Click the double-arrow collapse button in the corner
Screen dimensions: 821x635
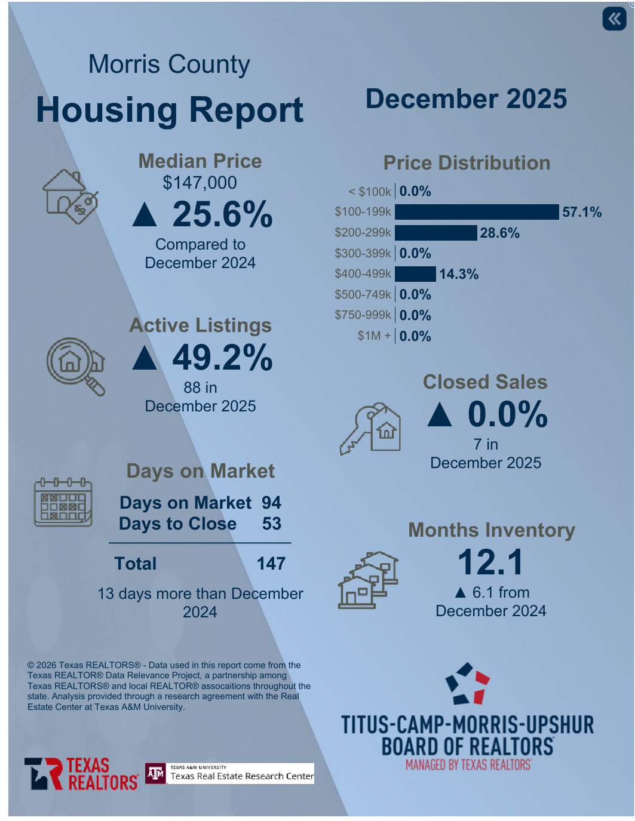point(614,19)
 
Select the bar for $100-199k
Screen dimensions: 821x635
point(477,212)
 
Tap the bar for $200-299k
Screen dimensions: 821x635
point(436,233)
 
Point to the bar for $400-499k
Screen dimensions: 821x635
point(415,274)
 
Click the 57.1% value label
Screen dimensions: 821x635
point(582,212)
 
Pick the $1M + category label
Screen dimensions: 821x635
point(374,336)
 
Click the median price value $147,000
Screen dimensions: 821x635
point(200,183)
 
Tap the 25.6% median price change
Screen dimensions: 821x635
point(222,214)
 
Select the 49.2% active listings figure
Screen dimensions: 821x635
point(222,358)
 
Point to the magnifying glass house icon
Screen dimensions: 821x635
point(75,365)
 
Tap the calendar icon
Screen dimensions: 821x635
point(63,502)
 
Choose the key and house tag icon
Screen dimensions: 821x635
point(370,429)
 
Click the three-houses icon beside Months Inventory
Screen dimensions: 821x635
point(368,579)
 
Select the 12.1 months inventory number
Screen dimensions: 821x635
point(490,562)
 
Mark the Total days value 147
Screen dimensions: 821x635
point(271,564)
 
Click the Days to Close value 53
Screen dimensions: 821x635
point(272,524)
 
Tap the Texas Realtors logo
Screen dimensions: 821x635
point(81,774)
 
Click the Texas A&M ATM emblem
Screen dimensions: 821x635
point(156,774)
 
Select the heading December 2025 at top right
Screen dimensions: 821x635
point(466,99)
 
